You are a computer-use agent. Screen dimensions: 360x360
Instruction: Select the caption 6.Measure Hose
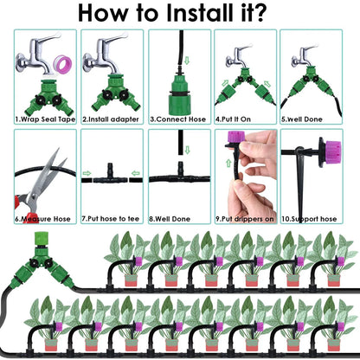point(44,220)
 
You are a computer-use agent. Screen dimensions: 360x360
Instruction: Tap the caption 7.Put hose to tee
point(112,220)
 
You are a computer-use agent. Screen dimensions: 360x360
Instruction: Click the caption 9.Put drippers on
point(246,220)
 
